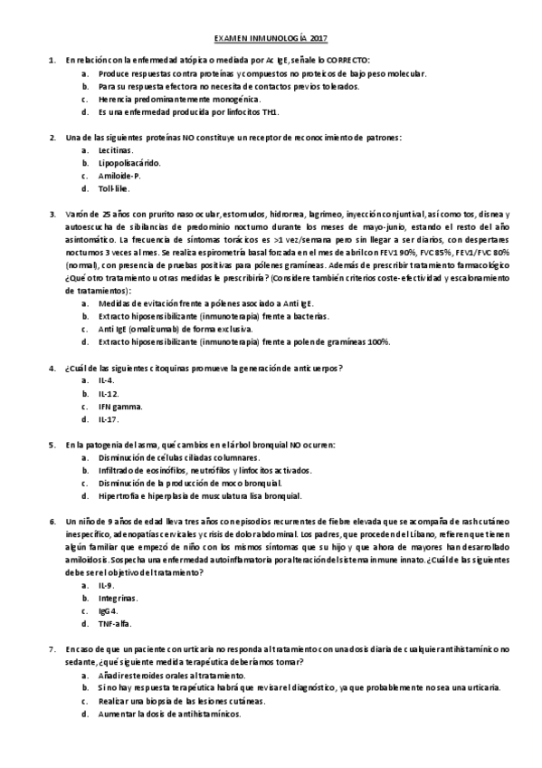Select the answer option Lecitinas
pos(116,149)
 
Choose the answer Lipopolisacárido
pos(129,163)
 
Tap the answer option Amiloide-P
pos(119,176)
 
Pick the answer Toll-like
pos(114,188)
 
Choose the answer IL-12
pos(109,393)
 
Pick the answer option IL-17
pos(109,419)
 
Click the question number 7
pos(52,649)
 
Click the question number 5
pos(52,445)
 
